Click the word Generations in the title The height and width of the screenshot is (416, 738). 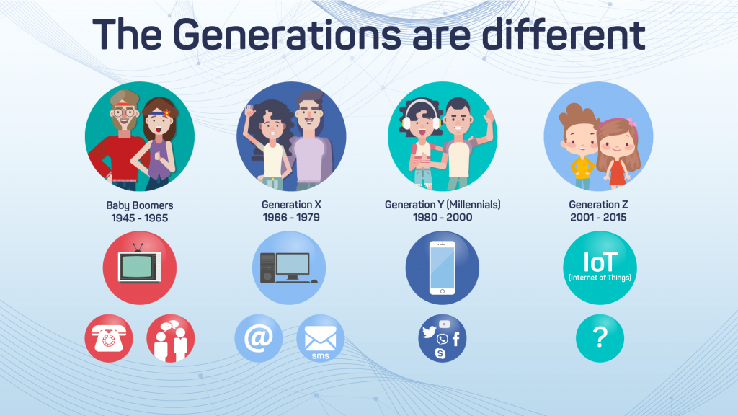pyautogui.click(x=282, y=34)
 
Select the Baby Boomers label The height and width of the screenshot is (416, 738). pyautogui.click(x=140, y=205)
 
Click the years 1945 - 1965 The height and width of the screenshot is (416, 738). pyautogui.click(x=140, y=218)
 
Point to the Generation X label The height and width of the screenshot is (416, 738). pyautogui.click(x=292, y=205)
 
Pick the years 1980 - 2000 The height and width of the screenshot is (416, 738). pyautogui.click(x=443, y=217)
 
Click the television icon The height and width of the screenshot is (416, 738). pyautogui.click(x=140, y=266)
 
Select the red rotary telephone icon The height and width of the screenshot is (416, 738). pyautogui.click(x=109, y=338)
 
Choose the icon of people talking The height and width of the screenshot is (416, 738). pyautogui.click(x=171, y=338)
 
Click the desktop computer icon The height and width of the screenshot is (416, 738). pyautogui.click(x=288, y=267)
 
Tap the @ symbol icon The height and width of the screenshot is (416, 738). pyautogui.click(x=258, y=338)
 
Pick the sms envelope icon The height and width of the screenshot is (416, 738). pyautogui.click(x=320, y=338)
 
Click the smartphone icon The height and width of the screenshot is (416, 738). pyautogui.click(x=442, y=267)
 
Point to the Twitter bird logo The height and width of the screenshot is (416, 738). pyautogui.click(x=430, y=332)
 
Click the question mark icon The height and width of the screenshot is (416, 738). pyautogui.click(x=600, y=338)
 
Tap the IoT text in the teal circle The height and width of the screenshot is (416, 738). pyautogui.click(x=599, y=261)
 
